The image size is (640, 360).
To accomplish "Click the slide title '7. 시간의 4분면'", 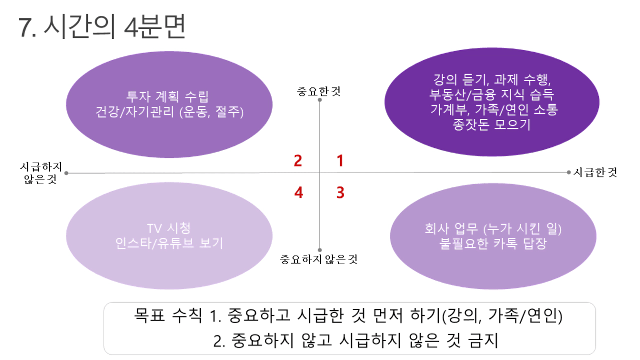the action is tap(102, 27).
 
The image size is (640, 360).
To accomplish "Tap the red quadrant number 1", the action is tap(340, 161).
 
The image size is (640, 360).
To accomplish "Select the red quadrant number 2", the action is tap(298, 161).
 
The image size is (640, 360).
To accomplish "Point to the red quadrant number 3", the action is tap(341, 192).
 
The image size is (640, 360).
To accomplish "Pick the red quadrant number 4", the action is tap(298, 192).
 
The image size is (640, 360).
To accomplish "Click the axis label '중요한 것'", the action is tap(319, 92).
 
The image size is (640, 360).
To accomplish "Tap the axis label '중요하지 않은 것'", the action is tap(318, 259).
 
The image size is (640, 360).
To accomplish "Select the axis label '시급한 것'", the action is tap(595, 172).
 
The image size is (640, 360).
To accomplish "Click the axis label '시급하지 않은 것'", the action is tap(41, 173).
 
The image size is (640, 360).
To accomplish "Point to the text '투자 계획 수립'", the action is tap(167, 96).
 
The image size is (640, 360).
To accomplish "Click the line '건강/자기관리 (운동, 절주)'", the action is tap(169, 112).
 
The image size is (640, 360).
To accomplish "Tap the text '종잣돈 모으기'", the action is tap(492, 124).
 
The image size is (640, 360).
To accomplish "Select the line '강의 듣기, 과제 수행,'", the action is tap(492, 79).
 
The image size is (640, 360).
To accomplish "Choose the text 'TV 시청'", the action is tap(168, 228).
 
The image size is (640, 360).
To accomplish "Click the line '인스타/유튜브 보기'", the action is tap(169, 243).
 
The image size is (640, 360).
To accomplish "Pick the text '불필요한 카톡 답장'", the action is tap(493, 244).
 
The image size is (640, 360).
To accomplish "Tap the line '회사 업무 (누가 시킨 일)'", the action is tap(493, 228).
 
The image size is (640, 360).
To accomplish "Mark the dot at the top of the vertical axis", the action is tap(319, 100).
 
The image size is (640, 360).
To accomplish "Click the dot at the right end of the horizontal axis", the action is tap(568, 172).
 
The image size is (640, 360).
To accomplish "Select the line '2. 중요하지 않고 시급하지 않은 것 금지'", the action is tap(356, 341).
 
